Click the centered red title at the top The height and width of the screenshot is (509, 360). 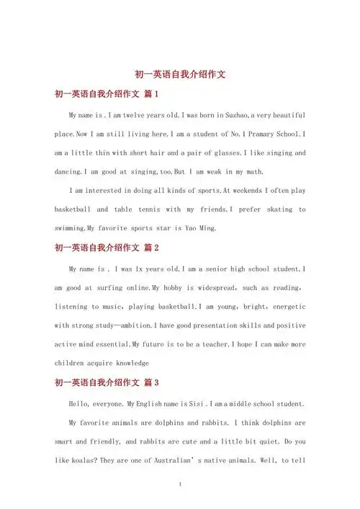180,74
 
